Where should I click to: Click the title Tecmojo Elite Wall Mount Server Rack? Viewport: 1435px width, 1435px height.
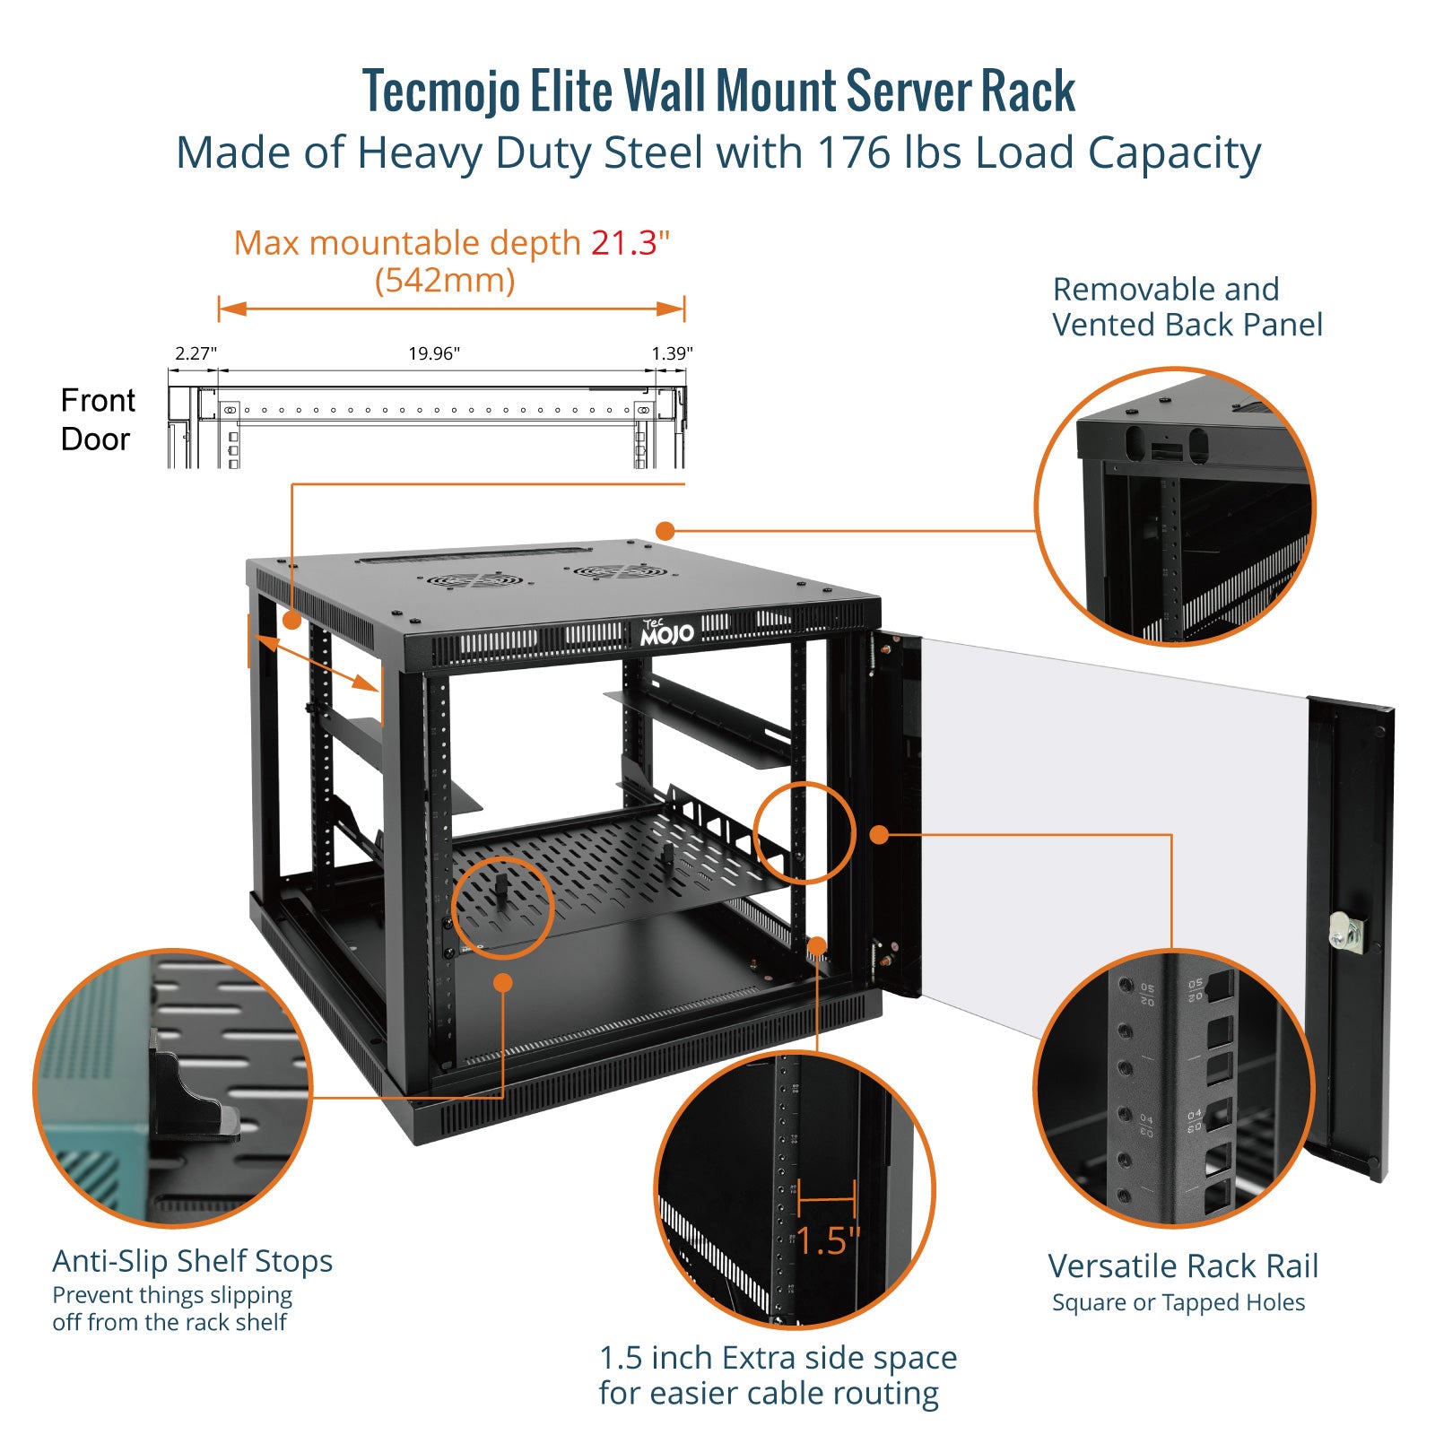click(718, 91)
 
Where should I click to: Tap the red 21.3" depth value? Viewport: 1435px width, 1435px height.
click(630, 243)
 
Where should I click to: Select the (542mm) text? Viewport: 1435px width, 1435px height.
click(445, 281)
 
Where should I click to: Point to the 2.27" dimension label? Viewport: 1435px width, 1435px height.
click(196, 353)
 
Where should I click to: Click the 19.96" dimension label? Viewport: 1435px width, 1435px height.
click(434, 353)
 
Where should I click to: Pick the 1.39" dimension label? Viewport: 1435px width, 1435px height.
click(672, 353)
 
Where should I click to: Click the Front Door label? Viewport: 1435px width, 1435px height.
click(97, 420)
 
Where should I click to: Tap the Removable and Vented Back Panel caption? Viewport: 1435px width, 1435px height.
click(1187, 307)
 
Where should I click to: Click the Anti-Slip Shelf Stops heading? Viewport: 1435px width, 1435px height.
click(192, 1261)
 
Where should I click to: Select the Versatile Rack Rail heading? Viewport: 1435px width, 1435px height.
click(1183, 1266)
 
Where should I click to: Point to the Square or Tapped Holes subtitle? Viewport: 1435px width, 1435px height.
click(1178, 1302)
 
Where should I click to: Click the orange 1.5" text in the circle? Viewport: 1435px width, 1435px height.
click(828, 1241)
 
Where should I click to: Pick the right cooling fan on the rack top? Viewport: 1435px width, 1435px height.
click(619, 571)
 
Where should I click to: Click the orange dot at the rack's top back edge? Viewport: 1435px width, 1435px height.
click(665, 531)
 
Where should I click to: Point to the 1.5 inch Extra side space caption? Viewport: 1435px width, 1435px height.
click(778, 1375)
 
